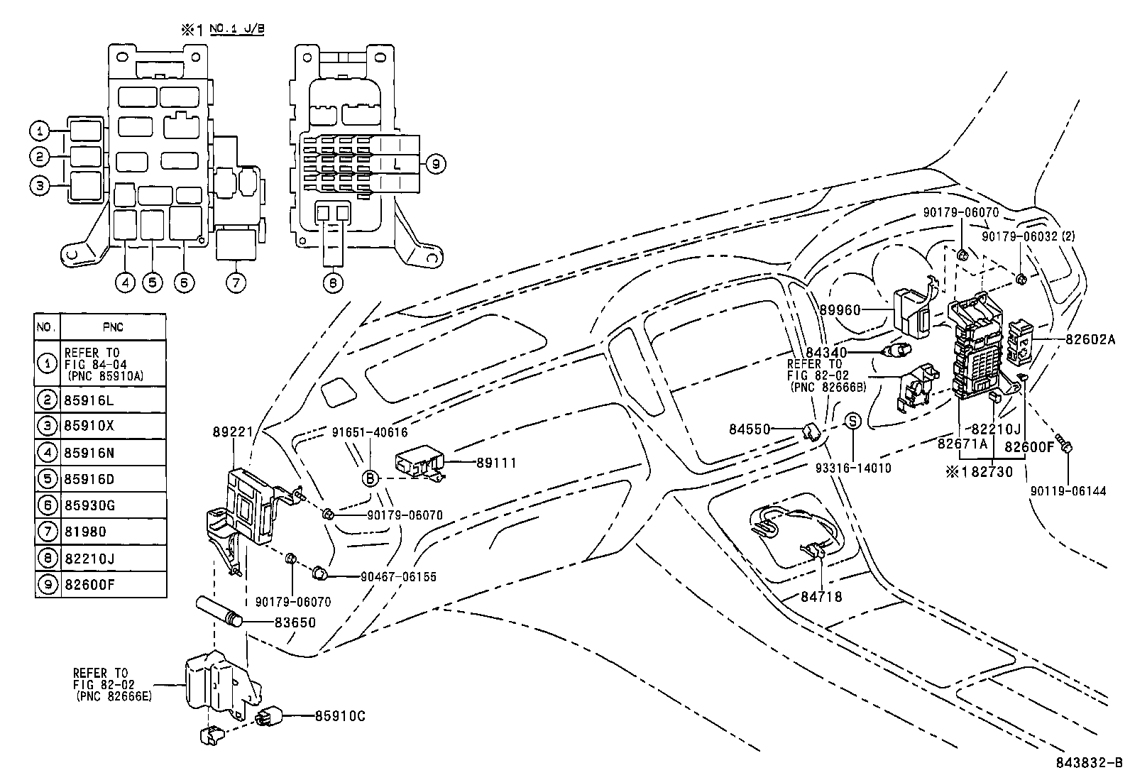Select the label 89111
(x=496, y=463)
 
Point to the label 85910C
(x=340, y=716)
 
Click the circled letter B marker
(x=370, y=478)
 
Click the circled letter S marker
(x=852, y=421)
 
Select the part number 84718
(x=821, y=597)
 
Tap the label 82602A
(x=1090, y=340)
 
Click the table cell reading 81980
(x=84, y=532)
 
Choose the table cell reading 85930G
(x=89, y=505)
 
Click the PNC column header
(x=113, y=327)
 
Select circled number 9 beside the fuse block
(x=437, y=165)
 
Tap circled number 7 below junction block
(x=236, y=282)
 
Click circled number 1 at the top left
(x=40, y=131)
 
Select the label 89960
(x=840, y=310)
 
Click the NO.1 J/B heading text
(x=240, y=30)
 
